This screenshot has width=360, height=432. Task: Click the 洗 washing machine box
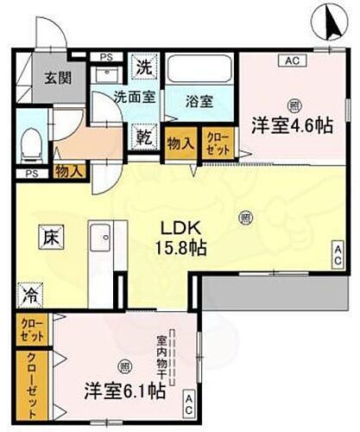coord(144,66)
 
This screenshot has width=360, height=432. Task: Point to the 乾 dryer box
coord(144,137)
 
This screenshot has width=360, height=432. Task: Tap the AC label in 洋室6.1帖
coord(188,401)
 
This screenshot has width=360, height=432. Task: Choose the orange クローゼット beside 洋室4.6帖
coord(214,141)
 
